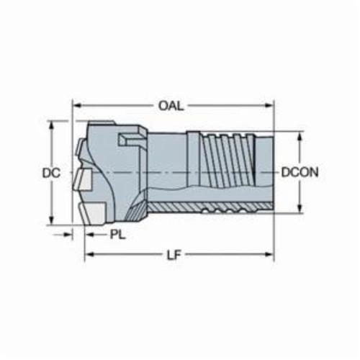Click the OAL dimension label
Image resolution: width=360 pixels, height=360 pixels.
[x=171, y=106]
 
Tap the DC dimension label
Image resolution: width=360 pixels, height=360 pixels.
[x=51, y=173]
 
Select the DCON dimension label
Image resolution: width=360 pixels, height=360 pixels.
[x=300, y=172]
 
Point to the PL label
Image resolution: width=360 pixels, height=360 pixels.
[x=118, y=235]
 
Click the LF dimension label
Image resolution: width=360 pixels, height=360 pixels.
[x=174, y=256]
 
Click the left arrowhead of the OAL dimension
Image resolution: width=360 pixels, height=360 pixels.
[x=76, y=105]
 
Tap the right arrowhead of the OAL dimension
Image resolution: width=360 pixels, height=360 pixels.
[x=269, y=105]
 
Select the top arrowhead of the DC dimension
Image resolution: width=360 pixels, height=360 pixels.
[x=51, y=125]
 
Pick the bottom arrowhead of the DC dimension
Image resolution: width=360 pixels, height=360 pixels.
[x=51, y=220]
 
